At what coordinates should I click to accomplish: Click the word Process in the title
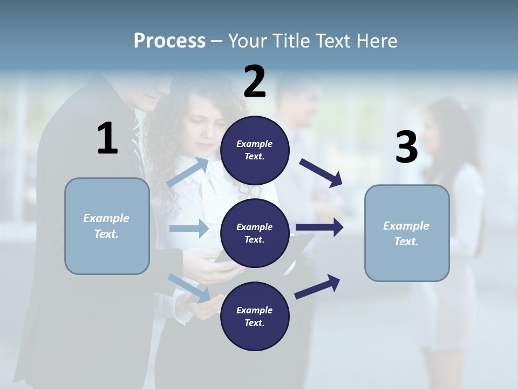[x=169, y=41]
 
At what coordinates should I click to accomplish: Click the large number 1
[x=107, y=139]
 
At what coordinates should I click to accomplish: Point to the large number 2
[x=255, y=82]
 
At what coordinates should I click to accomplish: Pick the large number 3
[x=406, y=147]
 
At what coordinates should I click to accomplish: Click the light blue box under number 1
[x=107, y=226]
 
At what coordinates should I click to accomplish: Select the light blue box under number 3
[x=407, y=233]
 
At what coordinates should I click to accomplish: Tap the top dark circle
[x=255, y=150]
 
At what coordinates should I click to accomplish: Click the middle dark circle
[x=255, y=233]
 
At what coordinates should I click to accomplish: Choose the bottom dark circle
[x=255, y=316]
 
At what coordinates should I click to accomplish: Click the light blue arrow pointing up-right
[x=188, y=172]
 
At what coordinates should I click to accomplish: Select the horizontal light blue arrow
[x=189, y=229]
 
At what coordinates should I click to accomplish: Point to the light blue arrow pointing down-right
[x=189, y=288]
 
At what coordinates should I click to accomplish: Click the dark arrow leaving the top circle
[x=322, y=173]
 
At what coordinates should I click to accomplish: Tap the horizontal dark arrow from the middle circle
[x=319, y=227]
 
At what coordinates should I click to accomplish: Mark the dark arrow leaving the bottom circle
[x=317, y=286]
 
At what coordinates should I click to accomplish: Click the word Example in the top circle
[x=255, y=144]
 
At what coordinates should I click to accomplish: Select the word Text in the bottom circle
[x=254, y=323]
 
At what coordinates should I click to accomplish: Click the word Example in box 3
[x=406, y=226]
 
